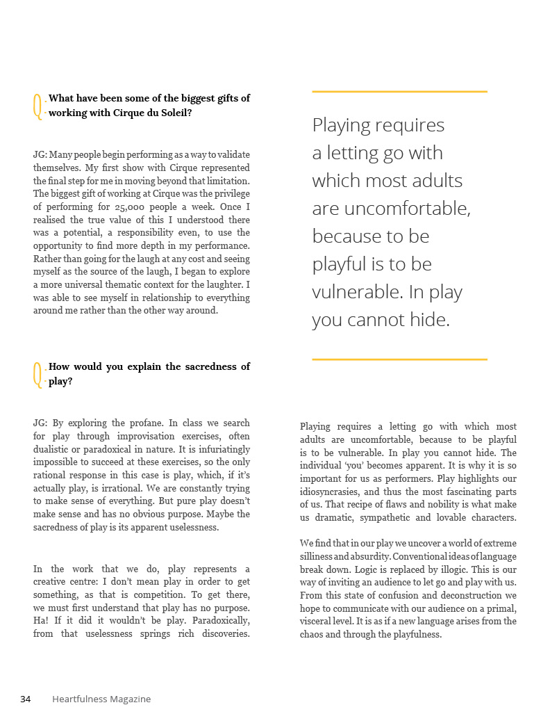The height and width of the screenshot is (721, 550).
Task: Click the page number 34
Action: [26, 699]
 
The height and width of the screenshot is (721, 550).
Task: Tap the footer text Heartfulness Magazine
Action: [101, 699]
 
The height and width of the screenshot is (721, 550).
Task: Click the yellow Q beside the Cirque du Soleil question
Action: [37, 106]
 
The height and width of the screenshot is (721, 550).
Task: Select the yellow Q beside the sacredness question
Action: [37, 374]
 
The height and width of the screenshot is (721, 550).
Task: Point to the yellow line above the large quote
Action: [399, 91]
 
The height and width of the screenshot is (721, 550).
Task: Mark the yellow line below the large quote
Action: [399, 359]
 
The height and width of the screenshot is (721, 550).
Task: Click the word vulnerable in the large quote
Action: [354, 292]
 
